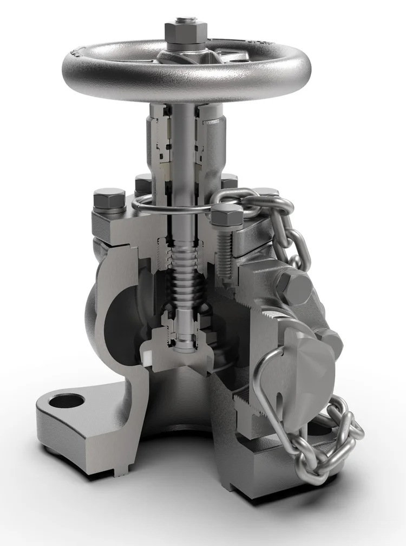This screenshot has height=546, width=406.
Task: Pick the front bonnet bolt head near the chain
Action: click(x=227, y=216)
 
